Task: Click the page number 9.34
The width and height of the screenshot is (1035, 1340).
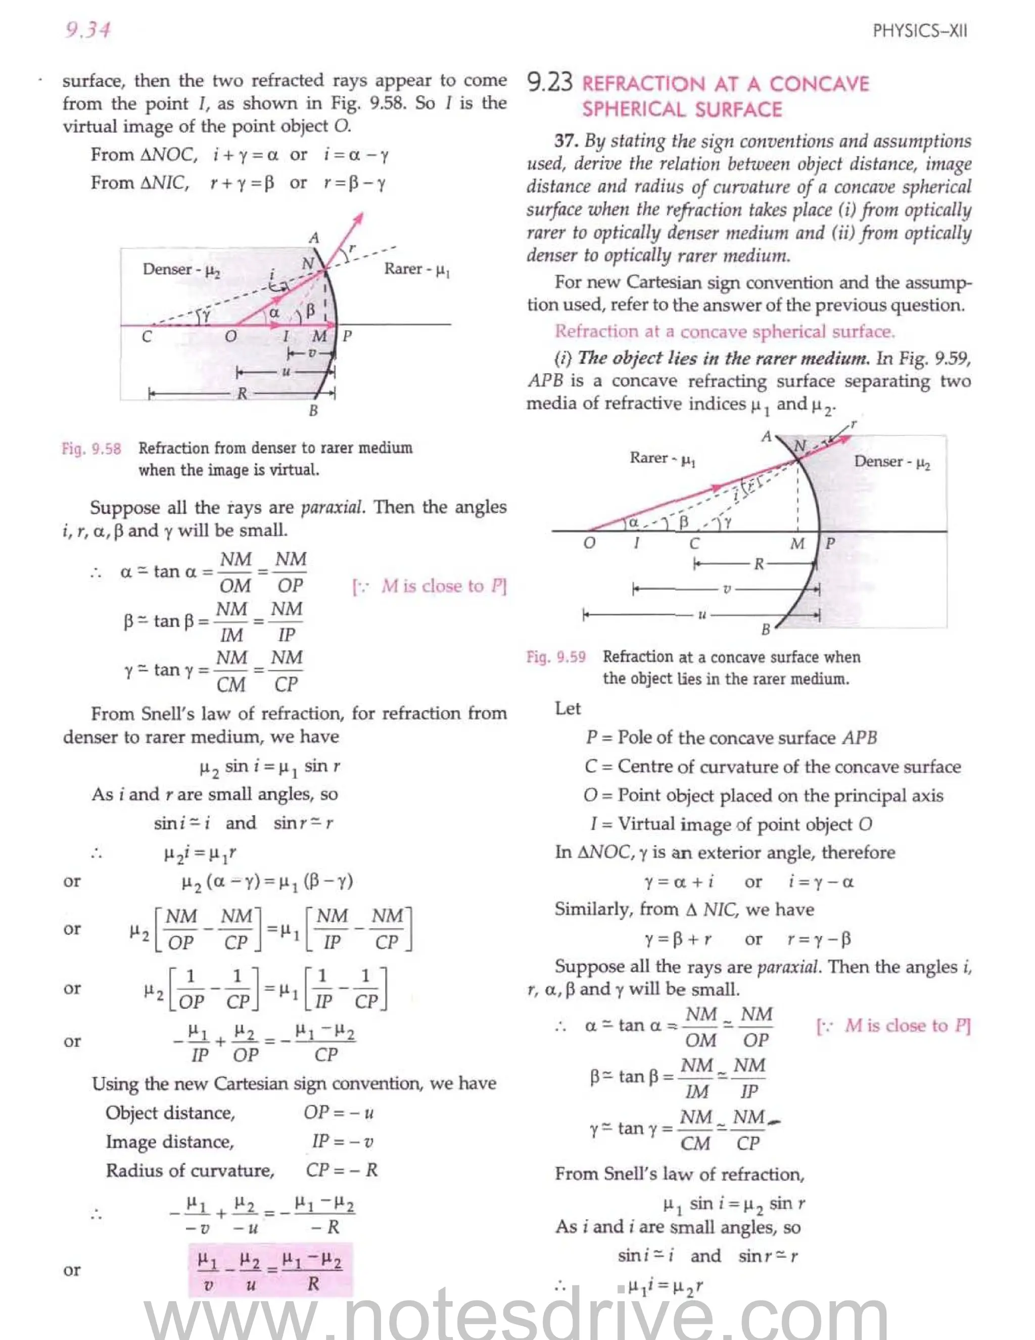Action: pyautogui.click(x=87, y=29)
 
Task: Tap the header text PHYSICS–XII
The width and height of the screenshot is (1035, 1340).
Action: pyautogui.click(x=919, y=31)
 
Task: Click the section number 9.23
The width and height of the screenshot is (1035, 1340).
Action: pyautogui.click(x=549, y=83)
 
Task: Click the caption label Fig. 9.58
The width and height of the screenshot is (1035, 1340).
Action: pyautogui.click(x=91, y=449)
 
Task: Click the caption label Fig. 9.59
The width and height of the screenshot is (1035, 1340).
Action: pyautogui.click(x=555, y=657)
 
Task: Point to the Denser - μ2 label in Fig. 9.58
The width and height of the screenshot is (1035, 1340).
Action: pyautogui.click(x=181, y=270)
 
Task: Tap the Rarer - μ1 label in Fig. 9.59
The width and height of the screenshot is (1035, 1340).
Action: pyautogui.click(x=662, y=458)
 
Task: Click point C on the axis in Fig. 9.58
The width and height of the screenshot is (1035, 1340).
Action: pyautogui.click(x=147, y=336)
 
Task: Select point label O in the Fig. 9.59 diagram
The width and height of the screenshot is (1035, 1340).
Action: pyautogui.click(x=589, y=543)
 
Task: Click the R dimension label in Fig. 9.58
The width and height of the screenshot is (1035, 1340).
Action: pyautogui.click(x=242, y=393)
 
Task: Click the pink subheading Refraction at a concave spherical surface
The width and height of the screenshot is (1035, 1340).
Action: pyautogui.click(x=724, y=331)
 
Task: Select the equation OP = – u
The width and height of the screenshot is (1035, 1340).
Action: pyautogui.click(x=339, y=1112)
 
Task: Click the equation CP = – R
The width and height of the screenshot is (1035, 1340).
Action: pyautogui.click(x=342, y=1170)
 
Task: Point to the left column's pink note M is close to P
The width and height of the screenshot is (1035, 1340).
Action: pyautogui.click(x=429, y=586)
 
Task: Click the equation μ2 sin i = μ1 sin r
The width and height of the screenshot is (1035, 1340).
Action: pyautogui.click(x=270, y=766)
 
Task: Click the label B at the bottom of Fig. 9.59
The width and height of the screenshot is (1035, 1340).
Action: pyautogui.click(x=765, y=630)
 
